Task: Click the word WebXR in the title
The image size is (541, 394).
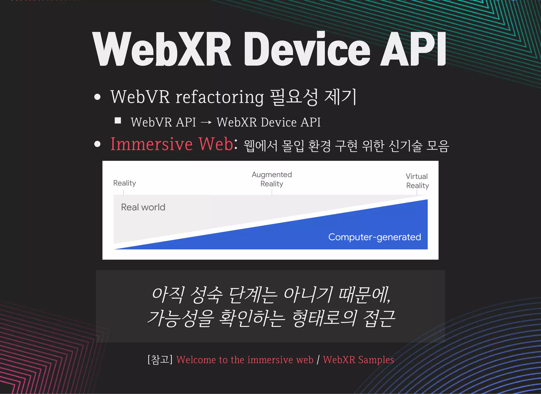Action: (x=162, y=49)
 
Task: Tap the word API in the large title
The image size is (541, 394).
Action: (x=413, y=49)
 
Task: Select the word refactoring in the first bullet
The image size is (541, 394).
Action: (x=220, y=97)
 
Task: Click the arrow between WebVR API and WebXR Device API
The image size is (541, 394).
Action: (x=206, y=122)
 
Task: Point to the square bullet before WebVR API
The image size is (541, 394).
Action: (x=118, y=121)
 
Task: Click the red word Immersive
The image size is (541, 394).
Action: (x=151, y=144)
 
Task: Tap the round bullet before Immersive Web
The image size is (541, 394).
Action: (x=97, y=144)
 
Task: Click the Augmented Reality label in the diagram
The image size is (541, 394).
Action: (x=272, y=179)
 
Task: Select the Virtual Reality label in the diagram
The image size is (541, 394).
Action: (x=417, y=181)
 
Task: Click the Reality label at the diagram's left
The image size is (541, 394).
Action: (x=124, y=183)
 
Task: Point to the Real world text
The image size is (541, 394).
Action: (x=143, y=207)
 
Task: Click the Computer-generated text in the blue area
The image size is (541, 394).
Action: (x=374, y=237)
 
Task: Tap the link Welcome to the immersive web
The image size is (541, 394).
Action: (x=245, y=360)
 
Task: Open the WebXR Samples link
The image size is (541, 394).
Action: (x=358, y=360)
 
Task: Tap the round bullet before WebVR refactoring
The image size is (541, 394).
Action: (x=97, y=97)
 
